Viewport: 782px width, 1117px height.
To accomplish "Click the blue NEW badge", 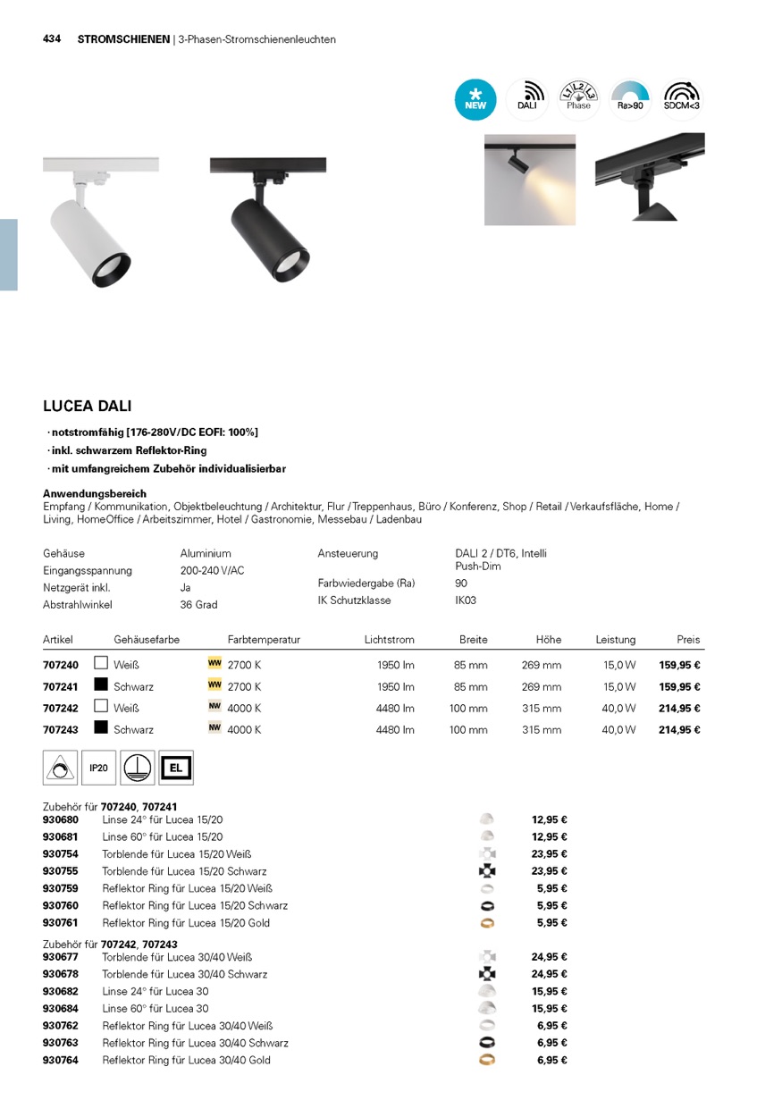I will point(475,99).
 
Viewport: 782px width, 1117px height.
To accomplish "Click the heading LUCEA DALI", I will point(88,406).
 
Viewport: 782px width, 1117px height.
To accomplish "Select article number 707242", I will point(61,709).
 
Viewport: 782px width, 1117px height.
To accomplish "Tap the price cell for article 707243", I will point(679,730).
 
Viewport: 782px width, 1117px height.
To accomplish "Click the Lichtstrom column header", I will point(390,640).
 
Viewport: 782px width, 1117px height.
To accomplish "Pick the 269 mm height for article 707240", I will point(542,666).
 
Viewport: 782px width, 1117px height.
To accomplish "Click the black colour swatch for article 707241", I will point(101,685).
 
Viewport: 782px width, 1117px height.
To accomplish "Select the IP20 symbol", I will point(98,768).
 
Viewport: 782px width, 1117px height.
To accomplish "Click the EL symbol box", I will point(175,768).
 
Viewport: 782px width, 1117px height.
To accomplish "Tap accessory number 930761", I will point(61,923).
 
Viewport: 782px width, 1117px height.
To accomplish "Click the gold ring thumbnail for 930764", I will point(487,1060).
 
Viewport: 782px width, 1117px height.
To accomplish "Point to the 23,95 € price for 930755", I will point(550,871).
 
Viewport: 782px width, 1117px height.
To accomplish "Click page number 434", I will point(52,39).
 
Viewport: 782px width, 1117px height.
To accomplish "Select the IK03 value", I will point(466,600).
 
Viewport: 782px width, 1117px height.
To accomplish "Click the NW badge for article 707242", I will point(214,707).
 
